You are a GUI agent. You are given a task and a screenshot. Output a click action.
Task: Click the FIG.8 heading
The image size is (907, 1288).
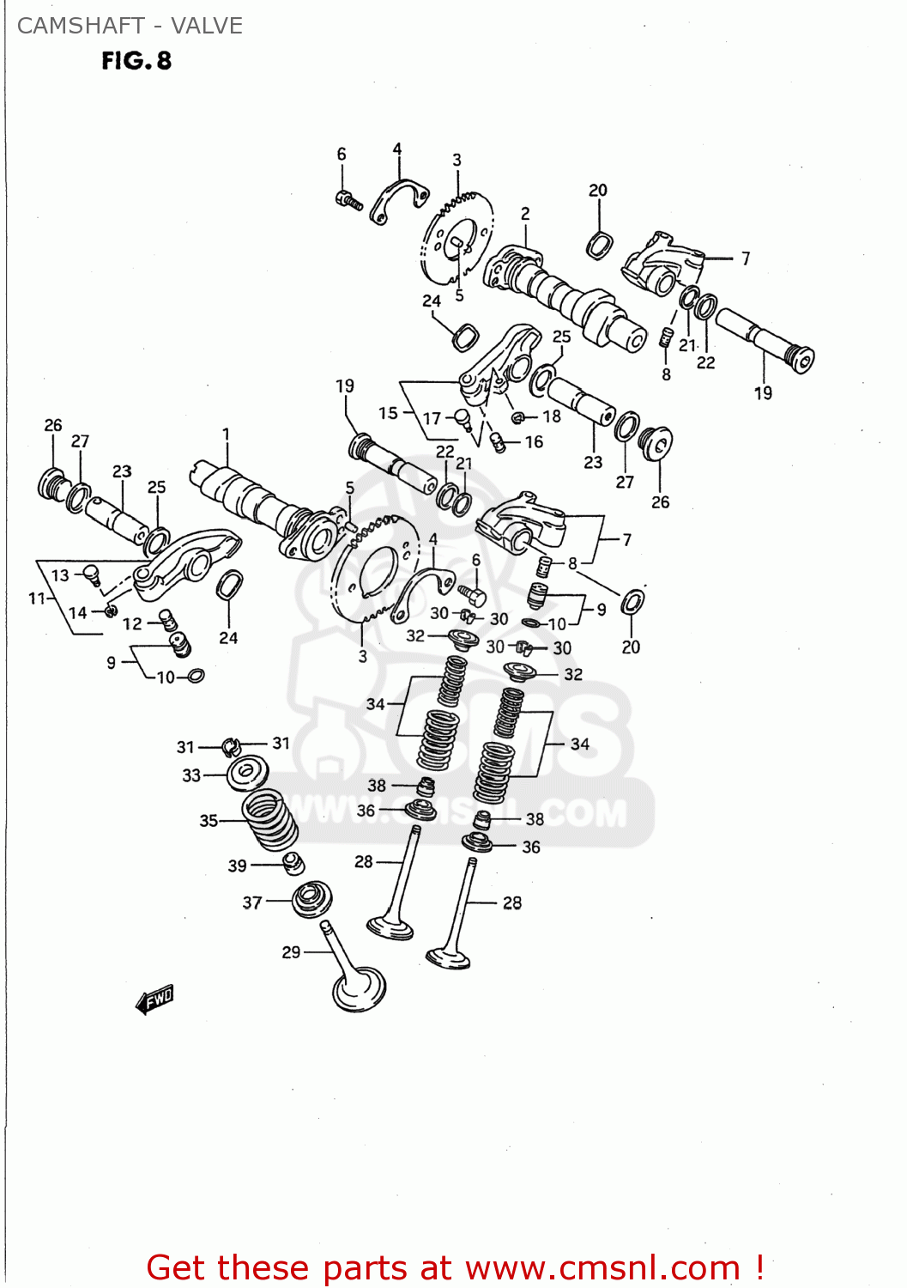pyautogui.click(x=136, y=61)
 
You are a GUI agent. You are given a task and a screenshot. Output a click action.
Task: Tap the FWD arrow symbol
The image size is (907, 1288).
pyautogui.click(x=155, y=999)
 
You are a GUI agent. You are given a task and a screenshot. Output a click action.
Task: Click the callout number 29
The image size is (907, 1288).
pyautogui.click(x=291, y=951)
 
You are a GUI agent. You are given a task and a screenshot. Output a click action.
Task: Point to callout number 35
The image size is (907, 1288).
pyautogui.click(x=209, y=820)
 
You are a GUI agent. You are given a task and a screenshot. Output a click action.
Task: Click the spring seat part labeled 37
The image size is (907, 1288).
pyautogui.click(x=311, y=900)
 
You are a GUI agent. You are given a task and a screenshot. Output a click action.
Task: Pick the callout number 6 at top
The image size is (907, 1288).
pyautogui.click(x=342, y=154)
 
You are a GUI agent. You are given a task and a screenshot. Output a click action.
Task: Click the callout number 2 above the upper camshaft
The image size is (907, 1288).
pyautogui.click(x=525, y=213)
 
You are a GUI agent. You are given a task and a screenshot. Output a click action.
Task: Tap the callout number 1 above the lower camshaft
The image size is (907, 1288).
pyautogui.click(x=226, y=434)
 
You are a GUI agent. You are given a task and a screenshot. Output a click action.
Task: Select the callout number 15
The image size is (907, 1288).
pyautogui.click(x=388, y=413)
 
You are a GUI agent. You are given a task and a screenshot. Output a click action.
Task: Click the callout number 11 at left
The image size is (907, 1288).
pyautogui.click(x=37, y=598)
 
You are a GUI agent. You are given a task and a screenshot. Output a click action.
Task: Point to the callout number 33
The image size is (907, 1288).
pyautogui.click(x=191, y=775)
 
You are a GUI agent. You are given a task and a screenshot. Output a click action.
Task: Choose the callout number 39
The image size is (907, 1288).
pyautogui.click(x=238, y=866)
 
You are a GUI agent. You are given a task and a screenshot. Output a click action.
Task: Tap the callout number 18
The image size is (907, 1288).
pyautogui.click(x=552, y=416)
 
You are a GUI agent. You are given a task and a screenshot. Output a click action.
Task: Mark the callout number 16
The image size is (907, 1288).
pyautogui.click(x=534, y=441)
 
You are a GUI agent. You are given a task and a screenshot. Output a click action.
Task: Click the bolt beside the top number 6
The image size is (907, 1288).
pyautogui.click(x=349, y=200)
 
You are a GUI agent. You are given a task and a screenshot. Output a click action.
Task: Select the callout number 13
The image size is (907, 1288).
pyautogui.click(x=60, y=575)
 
